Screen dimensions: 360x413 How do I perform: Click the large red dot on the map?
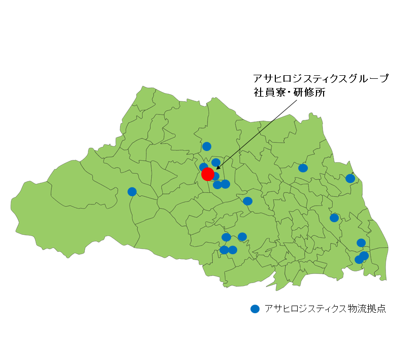(208, 174)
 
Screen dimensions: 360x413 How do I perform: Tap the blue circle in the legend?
(255, 309)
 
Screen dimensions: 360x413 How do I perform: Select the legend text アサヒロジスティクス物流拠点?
(325, 309)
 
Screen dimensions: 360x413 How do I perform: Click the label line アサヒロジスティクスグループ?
(321, 79)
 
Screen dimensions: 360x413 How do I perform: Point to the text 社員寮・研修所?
(289, 93)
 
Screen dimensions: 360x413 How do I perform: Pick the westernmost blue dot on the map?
(132, 192)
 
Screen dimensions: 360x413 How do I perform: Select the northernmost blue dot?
(207, 146)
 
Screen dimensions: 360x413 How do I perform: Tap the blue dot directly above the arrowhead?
(216, 162)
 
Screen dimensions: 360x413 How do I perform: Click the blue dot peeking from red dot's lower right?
(216, 176)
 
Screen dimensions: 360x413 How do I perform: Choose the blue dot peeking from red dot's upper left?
(203, 167)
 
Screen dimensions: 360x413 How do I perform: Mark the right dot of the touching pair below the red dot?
(226, 184)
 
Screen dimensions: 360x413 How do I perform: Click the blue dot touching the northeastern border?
(350, 178)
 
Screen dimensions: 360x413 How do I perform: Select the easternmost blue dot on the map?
(364, 255)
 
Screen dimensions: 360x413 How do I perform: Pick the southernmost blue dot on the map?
(359, 259)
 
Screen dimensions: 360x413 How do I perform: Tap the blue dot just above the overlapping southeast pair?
(361, 243)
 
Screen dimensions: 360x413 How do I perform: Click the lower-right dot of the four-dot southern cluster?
(233, 250)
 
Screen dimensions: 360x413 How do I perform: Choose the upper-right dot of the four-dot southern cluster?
(242, 236)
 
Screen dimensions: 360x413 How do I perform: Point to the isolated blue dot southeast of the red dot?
(247, 201)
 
